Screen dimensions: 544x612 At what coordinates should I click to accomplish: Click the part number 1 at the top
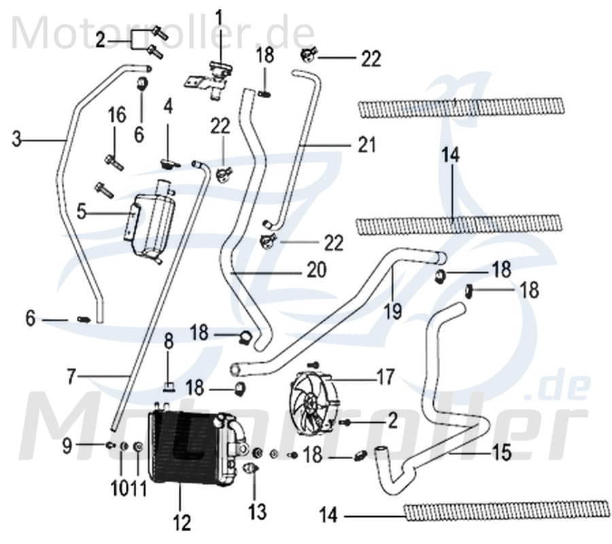click(x=219, y=14)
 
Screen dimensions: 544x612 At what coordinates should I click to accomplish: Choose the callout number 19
click(x=393, y=310)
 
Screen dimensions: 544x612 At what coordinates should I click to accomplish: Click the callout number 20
click(x=316, y=271)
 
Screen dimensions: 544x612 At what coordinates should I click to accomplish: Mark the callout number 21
click(x=367, y=145)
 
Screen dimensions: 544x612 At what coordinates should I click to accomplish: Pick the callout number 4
click(x=167, y=106)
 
